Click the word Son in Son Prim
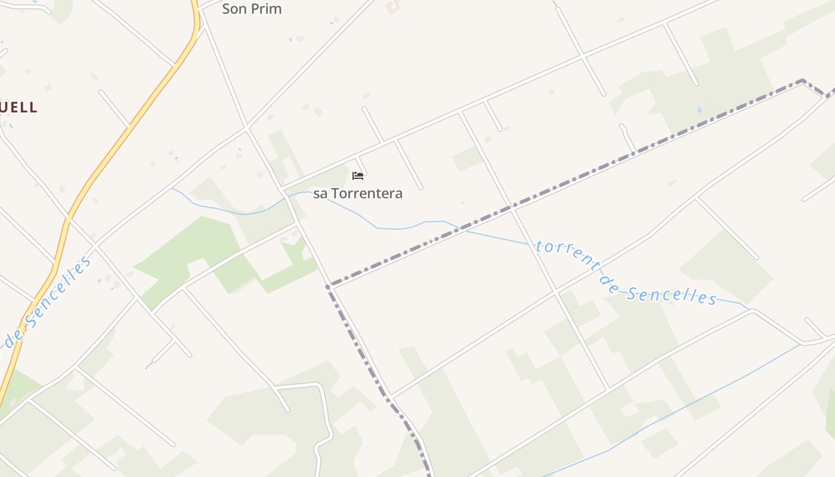click(x=234, y=9)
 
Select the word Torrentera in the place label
click(x=366, y=193)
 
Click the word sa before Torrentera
click(x=320, y=193)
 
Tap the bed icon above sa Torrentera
click(x=358, y=175)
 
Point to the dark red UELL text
click(x=18, y=107)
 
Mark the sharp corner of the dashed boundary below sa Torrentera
click(x=328, y=286)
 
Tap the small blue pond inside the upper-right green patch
click(x=699, y=110)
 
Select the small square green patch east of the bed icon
click(x=467, y=159)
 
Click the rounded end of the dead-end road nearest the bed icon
click(x=420, y=188)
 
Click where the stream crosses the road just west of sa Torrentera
click(x=287, y=197)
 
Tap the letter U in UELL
click(x=6, y=107)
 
